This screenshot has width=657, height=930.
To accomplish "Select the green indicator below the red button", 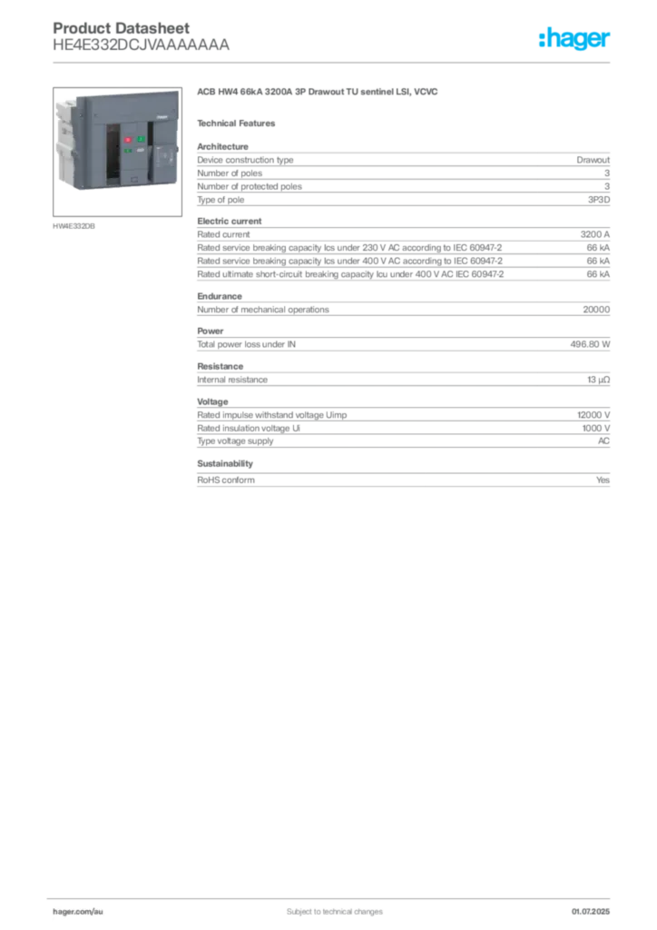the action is coord(128,151).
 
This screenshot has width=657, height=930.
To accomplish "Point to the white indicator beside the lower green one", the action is coord(139,151).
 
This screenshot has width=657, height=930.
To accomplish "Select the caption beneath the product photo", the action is coord(75,225).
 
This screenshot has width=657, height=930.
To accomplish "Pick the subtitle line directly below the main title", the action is coord(240,123).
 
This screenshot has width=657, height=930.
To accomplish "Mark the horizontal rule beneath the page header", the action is coord(333,61).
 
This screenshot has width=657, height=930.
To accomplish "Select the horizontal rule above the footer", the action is coord(333,895).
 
